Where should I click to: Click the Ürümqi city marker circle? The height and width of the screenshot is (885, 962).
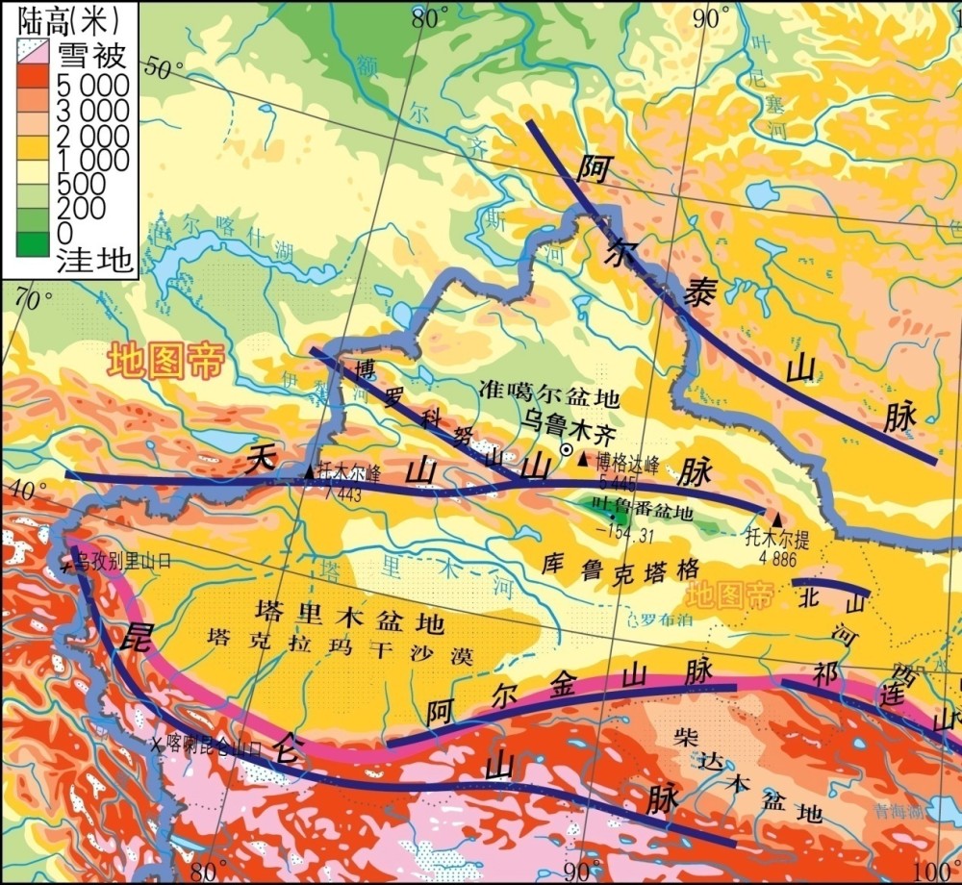(568, 449)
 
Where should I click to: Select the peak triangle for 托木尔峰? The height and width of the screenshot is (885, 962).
(309, 471)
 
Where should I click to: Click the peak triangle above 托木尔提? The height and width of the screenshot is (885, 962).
(777, 518)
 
